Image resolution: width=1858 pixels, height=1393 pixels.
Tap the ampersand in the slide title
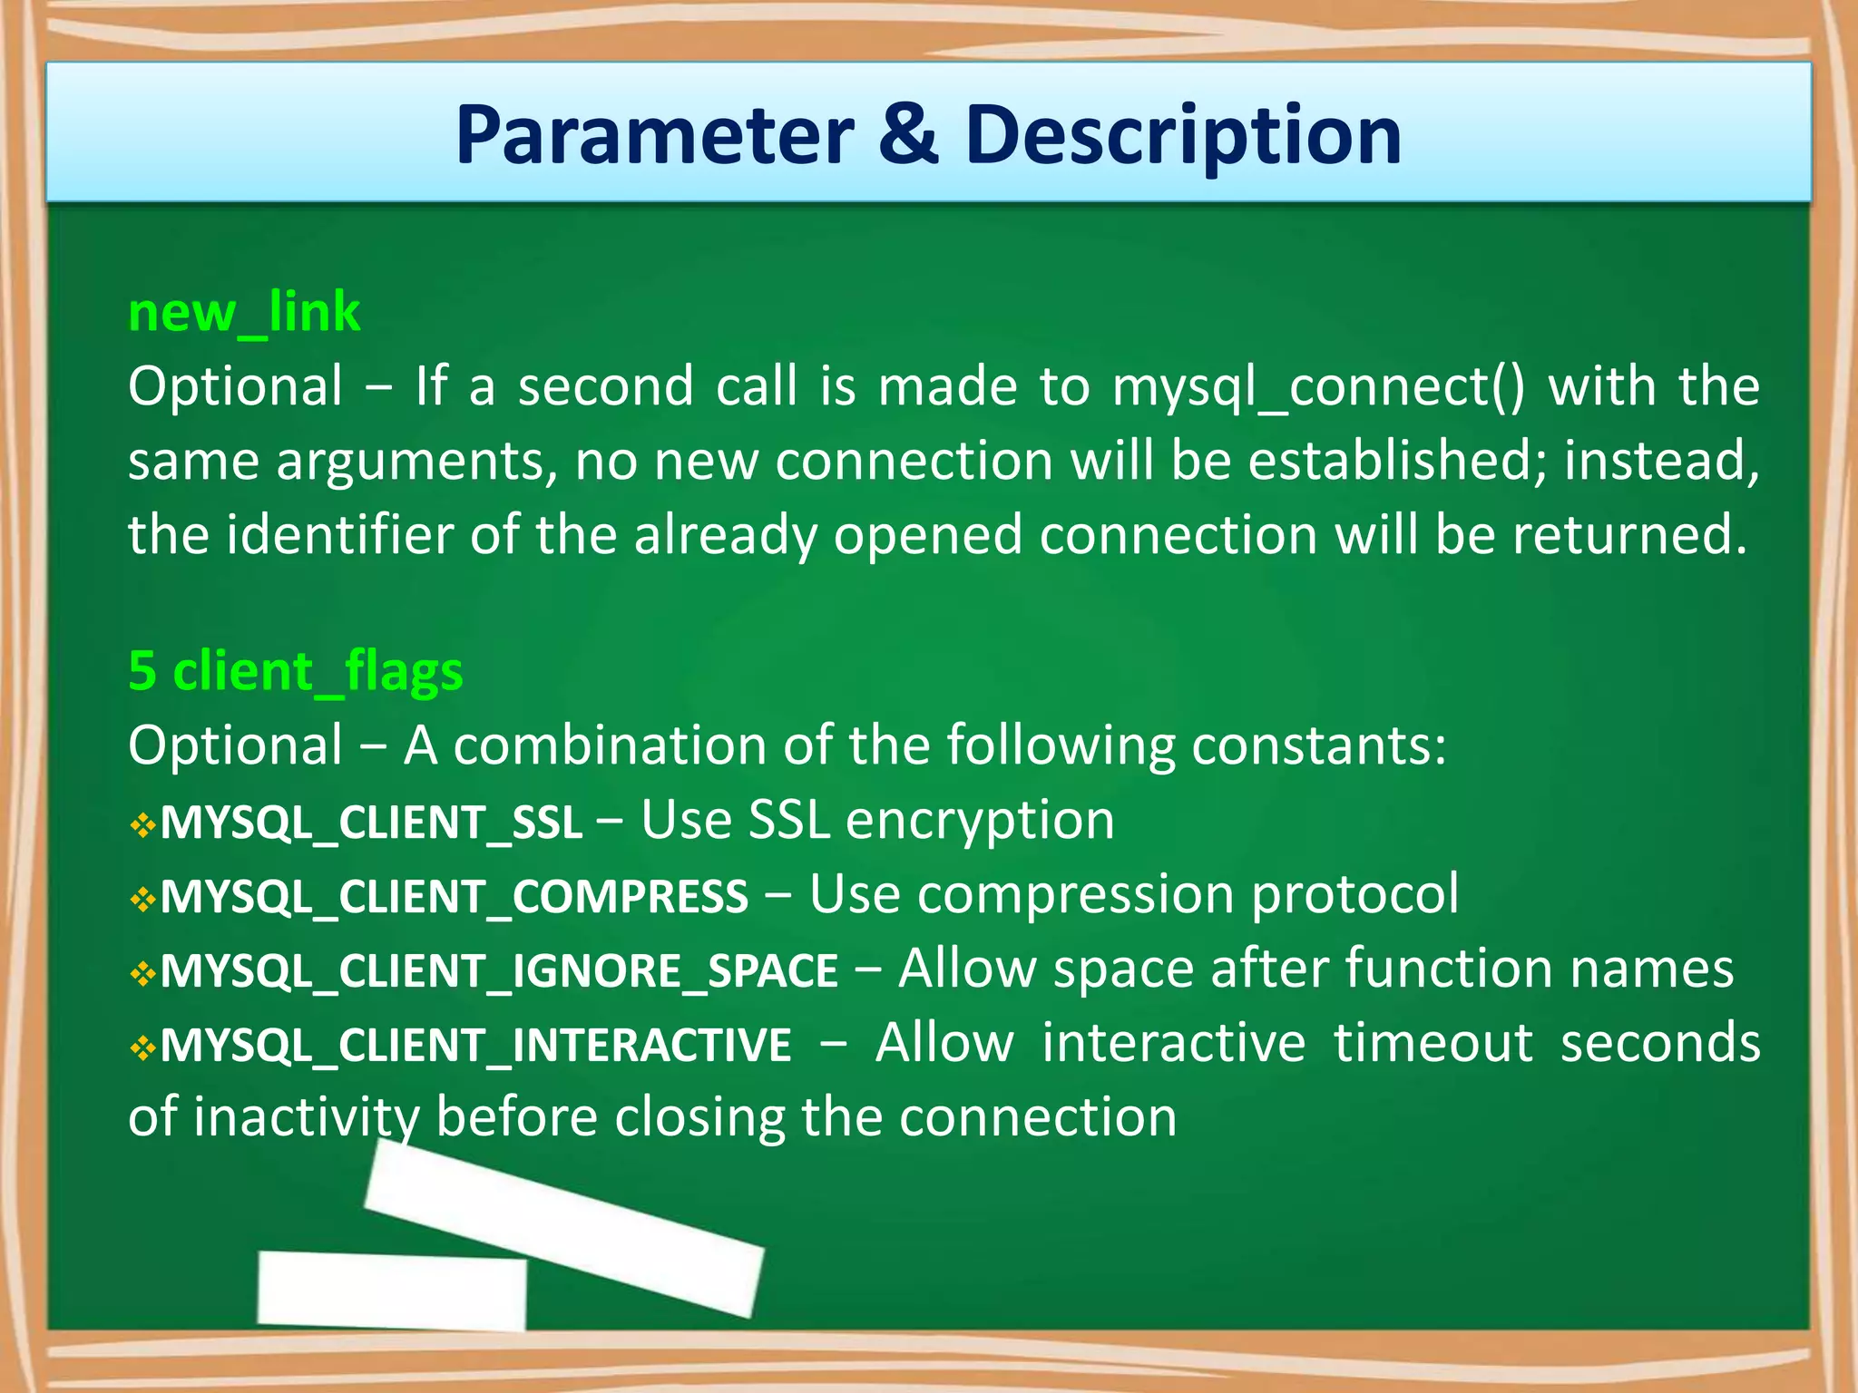908,136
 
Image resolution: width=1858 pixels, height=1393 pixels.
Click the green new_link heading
244,313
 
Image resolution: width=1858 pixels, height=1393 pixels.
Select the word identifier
339,535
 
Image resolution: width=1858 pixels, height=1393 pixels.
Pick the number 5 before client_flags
142,672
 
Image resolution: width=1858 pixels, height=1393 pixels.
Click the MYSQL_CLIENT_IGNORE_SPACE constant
499,971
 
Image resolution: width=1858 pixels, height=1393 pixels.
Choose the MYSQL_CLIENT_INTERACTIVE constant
475,1046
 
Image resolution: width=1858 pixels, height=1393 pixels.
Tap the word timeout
1433,1043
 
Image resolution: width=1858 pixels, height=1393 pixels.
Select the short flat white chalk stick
391,1290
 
